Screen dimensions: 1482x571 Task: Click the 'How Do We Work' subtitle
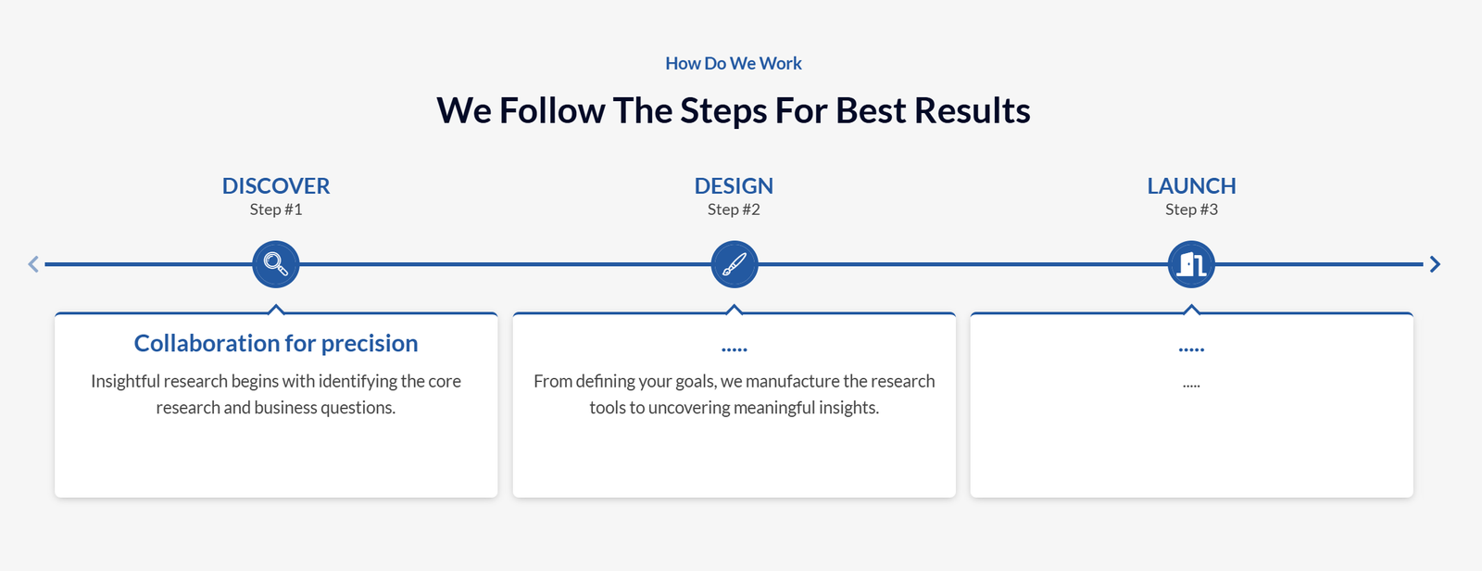[733, 63]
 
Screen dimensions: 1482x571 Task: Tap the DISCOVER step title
[276, 185]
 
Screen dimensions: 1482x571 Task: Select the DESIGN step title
[734, 185]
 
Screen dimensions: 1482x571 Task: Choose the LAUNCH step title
[1191, 185]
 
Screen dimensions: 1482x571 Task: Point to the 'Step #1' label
[276, 209]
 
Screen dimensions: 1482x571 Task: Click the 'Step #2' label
[734, 209]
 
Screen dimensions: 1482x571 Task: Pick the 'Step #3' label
[1191, 209]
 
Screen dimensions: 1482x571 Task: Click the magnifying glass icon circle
[276, 264]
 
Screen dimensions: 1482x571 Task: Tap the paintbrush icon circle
[735, 264]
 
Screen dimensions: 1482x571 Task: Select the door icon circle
[1191, 264]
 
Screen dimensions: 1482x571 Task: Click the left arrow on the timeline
[33, 264]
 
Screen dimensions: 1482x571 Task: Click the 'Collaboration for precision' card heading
[276, 343]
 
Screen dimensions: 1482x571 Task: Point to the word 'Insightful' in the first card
[126, 382]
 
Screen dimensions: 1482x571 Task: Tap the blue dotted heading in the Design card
[735, 349]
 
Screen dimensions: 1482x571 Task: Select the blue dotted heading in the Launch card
[1191, 349]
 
